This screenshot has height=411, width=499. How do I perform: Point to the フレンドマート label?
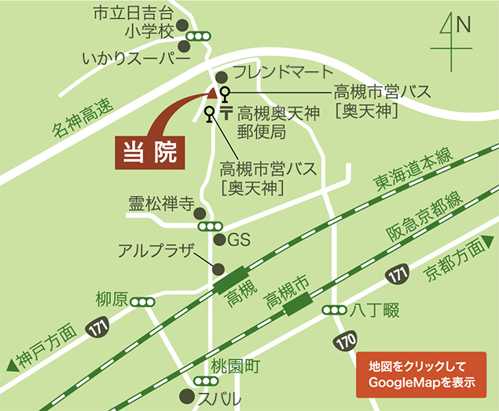click(x=273, y=73)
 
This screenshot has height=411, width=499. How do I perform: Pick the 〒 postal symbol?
click(x=226, y=114)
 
